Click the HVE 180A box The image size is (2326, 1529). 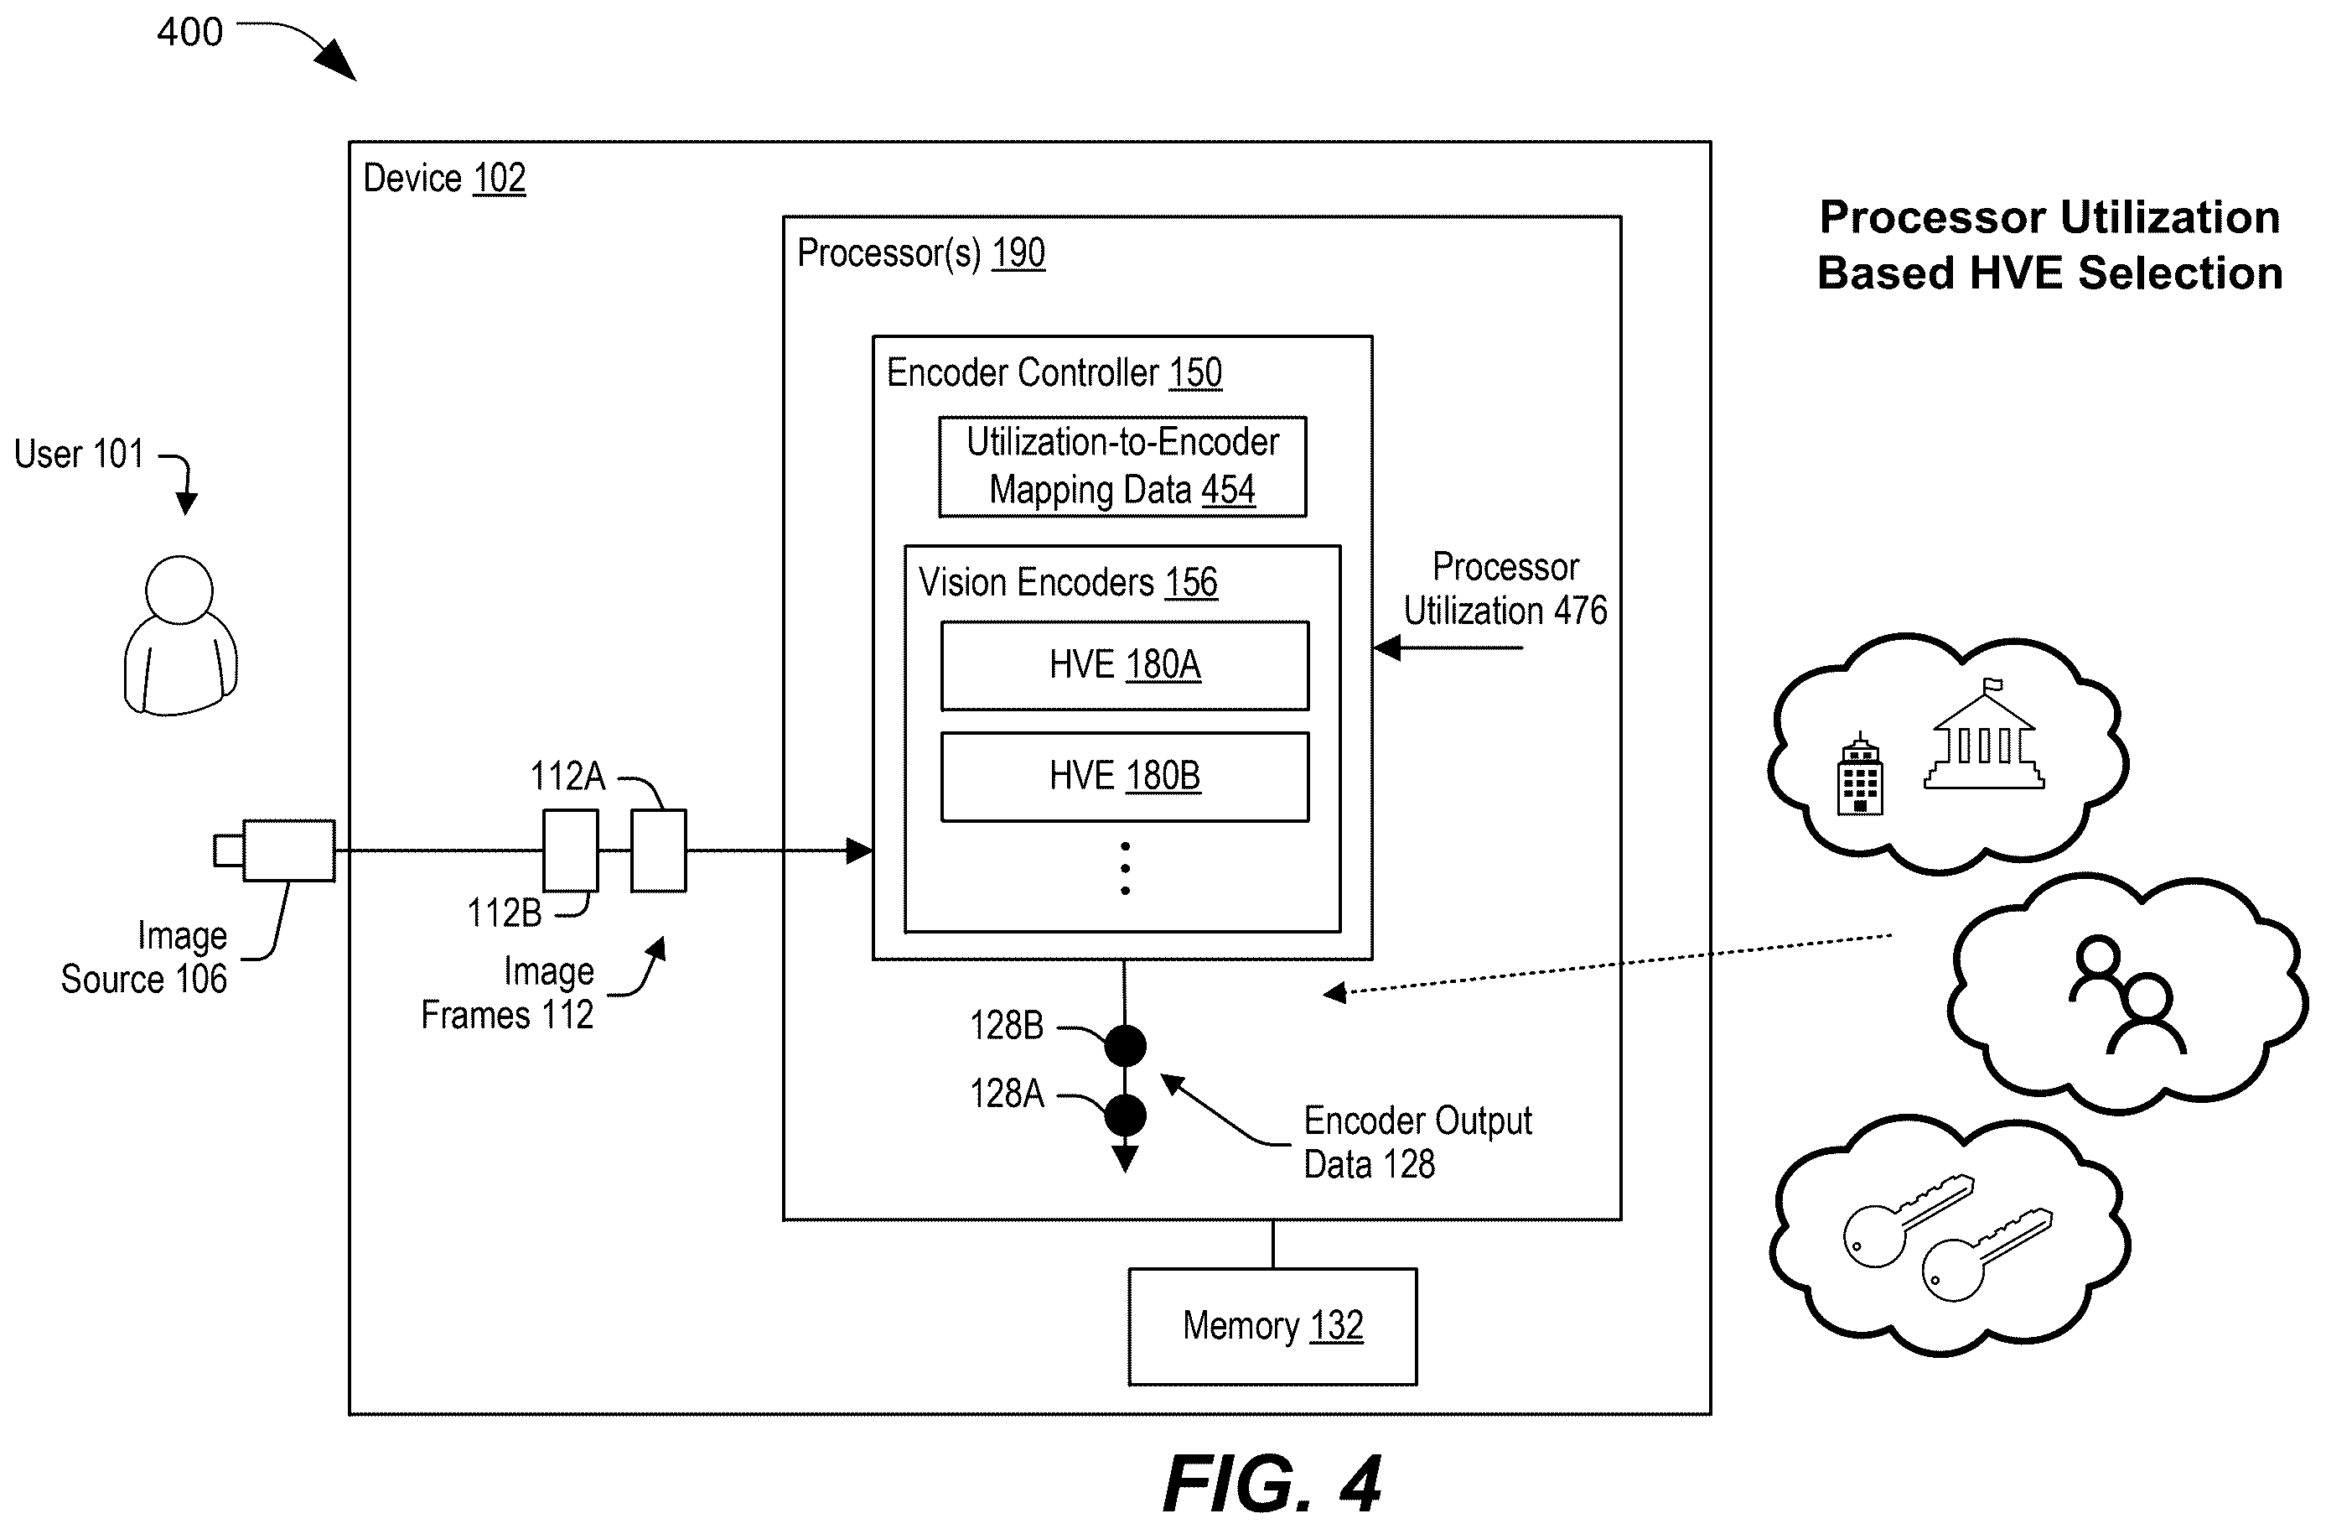coord(1125,666)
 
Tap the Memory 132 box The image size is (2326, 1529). coord(1272,1327)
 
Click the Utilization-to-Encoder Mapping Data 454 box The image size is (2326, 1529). coord(1123,467)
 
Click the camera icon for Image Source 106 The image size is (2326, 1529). coord(276,850)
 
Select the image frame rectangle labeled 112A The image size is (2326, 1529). coord(659,850)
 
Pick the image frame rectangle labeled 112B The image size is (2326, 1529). coord(571,850)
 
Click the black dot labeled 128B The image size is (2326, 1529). coord(1125,1046)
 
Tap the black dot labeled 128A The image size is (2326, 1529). coord(1125,1116)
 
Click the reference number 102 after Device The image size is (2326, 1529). coord(500,179)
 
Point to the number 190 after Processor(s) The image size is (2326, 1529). coord(1018,253)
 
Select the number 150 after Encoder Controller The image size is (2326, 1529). coord(1195,373)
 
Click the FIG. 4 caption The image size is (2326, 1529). coord(1272,1484)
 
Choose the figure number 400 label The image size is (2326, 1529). coord(189,32)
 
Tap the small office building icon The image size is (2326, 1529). coord(1861,773)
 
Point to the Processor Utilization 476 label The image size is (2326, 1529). coord(1505,590)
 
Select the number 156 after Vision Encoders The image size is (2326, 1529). coord(1191,583)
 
